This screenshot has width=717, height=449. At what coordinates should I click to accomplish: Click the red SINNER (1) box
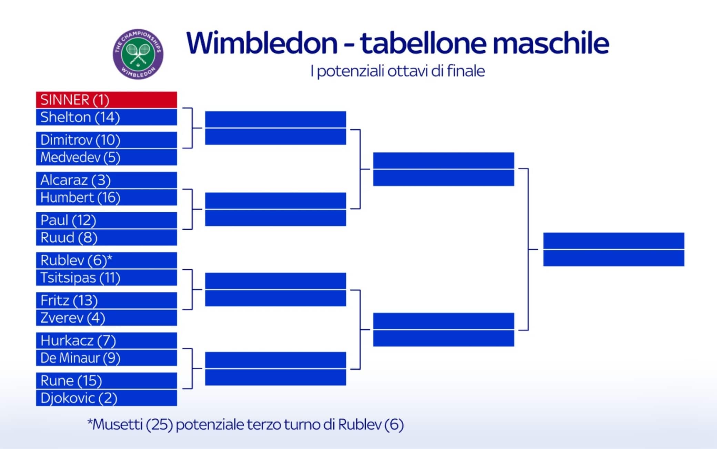(107, 100)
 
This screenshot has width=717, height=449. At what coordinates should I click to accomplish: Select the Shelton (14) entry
(107, 117)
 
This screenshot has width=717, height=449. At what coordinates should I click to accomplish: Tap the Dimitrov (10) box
(107, 140)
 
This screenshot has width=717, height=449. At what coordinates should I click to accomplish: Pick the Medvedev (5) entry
(107, 157)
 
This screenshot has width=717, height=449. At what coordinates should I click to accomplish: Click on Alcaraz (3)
(107, 180)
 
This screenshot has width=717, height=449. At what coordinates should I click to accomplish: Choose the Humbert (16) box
(107, 197)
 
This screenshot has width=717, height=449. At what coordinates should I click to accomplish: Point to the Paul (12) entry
(107, 220)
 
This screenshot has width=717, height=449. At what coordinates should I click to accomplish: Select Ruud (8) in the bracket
(107, 238)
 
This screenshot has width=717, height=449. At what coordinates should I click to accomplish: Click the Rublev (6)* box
(107, 260)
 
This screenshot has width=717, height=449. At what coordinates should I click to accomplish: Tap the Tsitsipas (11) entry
(107, 278)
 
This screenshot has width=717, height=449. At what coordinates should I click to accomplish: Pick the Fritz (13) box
(107, 300)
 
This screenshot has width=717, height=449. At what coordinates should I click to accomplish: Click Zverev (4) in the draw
(107, 318)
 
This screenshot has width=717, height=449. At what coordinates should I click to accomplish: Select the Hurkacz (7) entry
(107, 340)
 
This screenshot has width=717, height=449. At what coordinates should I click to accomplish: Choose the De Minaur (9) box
(107, 358)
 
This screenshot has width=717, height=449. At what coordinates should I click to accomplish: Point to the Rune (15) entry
(107, 381)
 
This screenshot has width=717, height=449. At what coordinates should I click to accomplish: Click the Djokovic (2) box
(107, 398)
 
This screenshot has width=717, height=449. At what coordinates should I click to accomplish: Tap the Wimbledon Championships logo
(138, 54)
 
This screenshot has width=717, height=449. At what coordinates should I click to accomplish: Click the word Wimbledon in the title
(262, 43)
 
